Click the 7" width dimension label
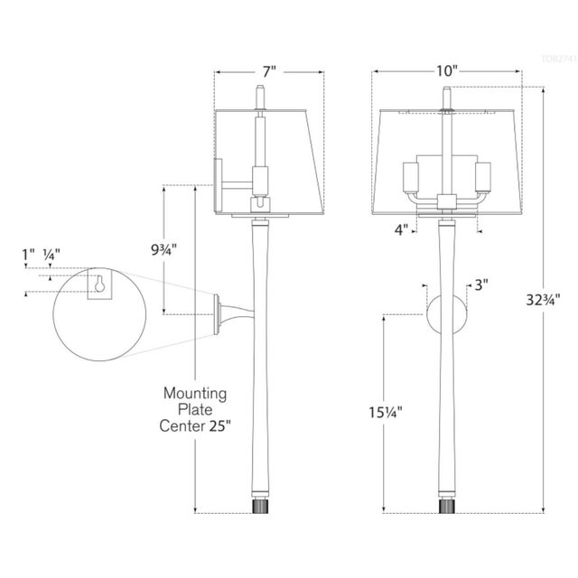click(x=268, y=70)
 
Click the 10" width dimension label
click(x=445, y=70)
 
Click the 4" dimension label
click(x=400, y=229)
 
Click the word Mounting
click(x=194, y=394)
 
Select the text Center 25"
click(x=194, y=425)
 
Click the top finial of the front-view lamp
click(x=444, y=96)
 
